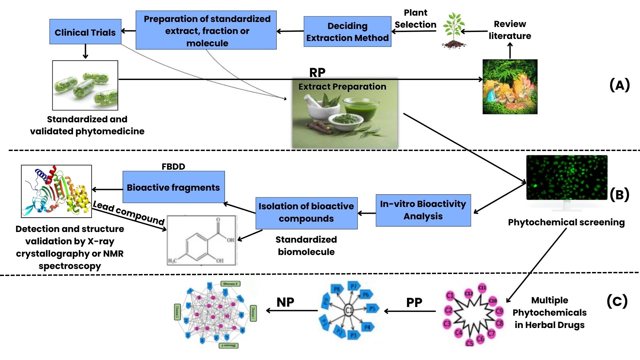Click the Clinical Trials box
click(x=85, y=32)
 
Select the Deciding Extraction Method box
click(x=347, y=32)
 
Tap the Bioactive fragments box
click(x=173, y=187)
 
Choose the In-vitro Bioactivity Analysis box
click(x=423, y=210)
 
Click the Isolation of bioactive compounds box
click(x=306, y=213)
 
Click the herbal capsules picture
click(x=85, y=85)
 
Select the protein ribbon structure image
click(x=56, y=191)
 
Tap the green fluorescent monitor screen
click(x=567, y=177)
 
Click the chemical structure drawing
click(x=202, y=240)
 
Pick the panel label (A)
click(x=619, y=85)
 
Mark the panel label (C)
click(x=617, y=301)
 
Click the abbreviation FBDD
click(x=173, y=166)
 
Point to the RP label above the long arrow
click(x=317, y=72)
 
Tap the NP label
click(x=285, y=302)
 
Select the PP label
click(x=414, y=303)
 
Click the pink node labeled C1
click(x=450, y=295)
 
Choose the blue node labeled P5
click(x=372, y=309)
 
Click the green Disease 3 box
click(x=230, y=284)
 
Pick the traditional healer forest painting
click(x=510, y=87)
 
